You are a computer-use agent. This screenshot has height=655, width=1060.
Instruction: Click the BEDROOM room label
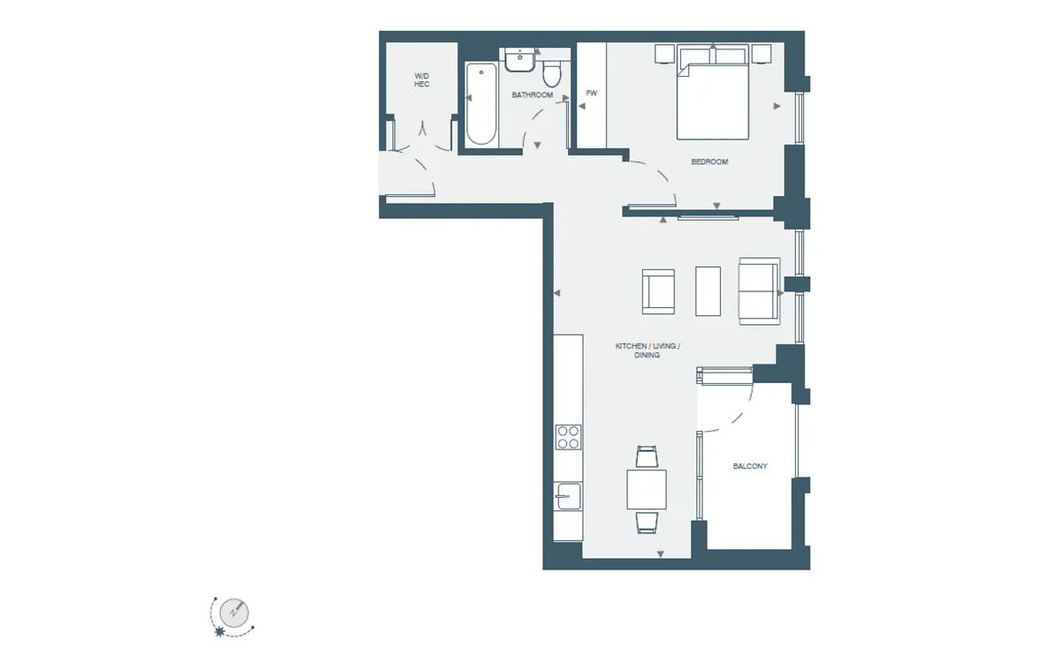point(709,162)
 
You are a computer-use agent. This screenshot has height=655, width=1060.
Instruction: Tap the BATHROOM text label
point(533,95)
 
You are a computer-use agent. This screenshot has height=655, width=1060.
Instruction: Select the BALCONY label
point(750,466)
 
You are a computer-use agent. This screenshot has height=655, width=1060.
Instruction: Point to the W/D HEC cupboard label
point(421,80)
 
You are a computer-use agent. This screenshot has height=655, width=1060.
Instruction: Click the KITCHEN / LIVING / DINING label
point(647,350)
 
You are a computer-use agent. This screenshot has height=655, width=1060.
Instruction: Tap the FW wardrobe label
point(592,94)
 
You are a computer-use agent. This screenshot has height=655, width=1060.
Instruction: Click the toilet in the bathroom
point(552,74)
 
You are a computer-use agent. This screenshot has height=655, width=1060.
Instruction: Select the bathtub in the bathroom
point(481,104)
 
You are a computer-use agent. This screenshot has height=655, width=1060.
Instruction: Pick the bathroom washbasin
point(520,60)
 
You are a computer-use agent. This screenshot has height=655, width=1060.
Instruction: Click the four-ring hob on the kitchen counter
point(568,436)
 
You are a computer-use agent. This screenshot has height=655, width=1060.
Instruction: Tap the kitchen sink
point(568,496)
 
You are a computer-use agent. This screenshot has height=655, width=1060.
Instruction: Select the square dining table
point(647,489)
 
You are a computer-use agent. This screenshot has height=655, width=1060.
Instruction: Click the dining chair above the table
point(647,457)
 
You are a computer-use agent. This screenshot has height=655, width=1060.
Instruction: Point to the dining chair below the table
point(647,522)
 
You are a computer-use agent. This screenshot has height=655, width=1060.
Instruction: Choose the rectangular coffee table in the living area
point(708,291)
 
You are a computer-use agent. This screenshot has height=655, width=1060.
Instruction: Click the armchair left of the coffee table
point(658,292)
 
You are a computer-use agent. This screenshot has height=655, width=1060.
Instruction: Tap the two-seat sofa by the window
point(760,291)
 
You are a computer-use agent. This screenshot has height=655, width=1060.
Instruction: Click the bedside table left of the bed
point(665,54)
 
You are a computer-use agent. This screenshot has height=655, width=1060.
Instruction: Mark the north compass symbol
point(234,613)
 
